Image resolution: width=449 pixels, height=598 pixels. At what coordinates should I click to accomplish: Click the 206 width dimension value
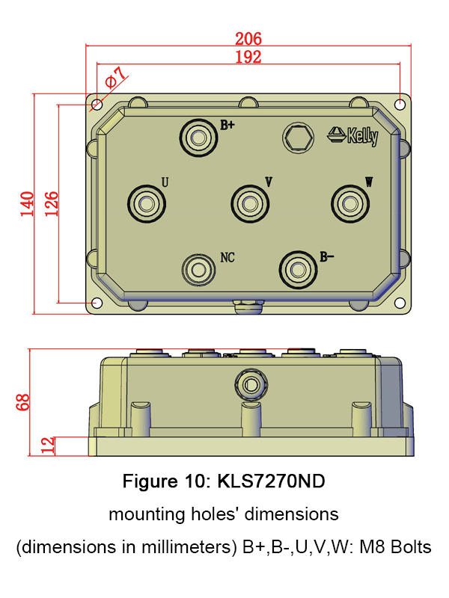point(248,39)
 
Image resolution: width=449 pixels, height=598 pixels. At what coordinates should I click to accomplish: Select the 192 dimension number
point(248,57)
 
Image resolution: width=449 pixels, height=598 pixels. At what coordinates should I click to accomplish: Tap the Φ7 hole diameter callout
point(115,78)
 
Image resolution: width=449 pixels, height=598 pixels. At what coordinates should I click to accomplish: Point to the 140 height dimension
point(27,204)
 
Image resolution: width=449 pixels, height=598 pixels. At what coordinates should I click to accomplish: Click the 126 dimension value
point(52,204)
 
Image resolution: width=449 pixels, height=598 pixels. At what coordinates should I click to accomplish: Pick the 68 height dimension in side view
point(22,402)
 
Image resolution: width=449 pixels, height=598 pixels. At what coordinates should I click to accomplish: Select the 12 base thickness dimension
point(48,446)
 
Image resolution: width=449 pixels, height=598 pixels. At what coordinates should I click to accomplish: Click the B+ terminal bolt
point(198,138)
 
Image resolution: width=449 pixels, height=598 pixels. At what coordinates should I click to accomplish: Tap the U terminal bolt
point(147,204)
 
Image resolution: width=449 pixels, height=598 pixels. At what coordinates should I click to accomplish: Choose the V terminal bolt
point(250,203)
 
